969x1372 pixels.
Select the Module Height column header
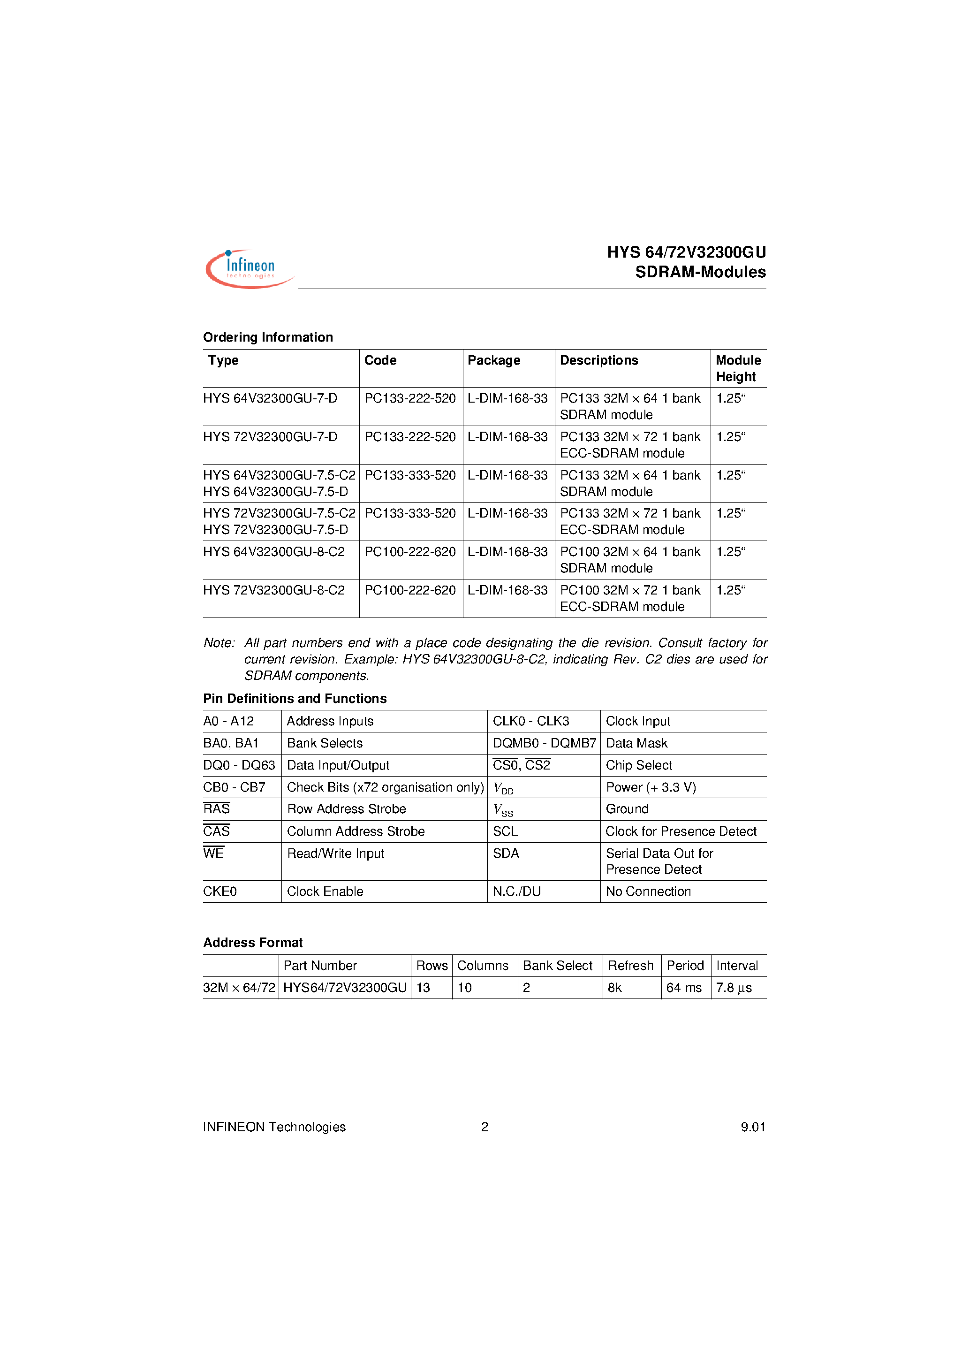(738, 368)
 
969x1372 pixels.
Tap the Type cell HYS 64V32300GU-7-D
(270, 398)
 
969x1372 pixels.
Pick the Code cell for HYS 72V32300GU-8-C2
(410, 590)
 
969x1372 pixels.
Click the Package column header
(493, 360)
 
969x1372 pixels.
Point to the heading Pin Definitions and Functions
(295, 699)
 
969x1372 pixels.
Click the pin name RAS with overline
(216, 809)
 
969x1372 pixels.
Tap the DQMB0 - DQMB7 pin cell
(544, 743)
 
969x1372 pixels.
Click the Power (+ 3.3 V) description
(651, 787)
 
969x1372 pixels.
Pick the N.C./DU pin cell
(516, 892)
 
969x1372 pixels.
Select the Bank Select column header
(557, 966)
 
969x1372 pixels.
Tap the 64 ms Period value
(683, 988)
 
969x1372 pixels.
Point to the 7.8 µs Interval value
(734, 988)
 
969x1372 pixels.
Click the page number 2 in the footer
(484, 1127)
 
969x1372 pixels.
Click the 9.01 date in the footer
(753, 1127)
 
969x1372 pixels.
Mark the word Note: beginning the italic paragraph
(219, 643)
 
